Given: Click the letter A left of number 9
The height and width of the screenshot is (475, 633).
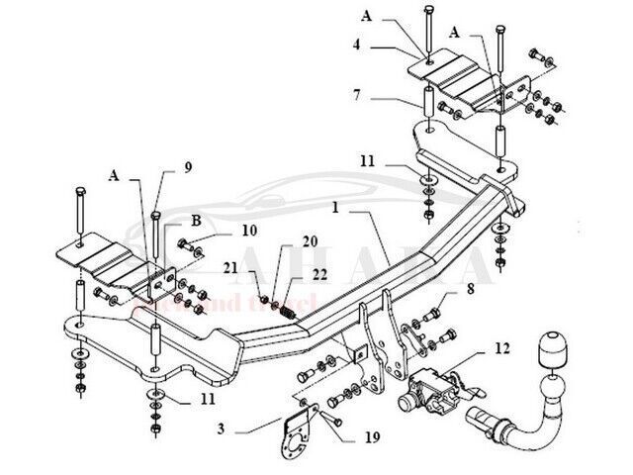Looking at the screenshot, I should tap(114, 176).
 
